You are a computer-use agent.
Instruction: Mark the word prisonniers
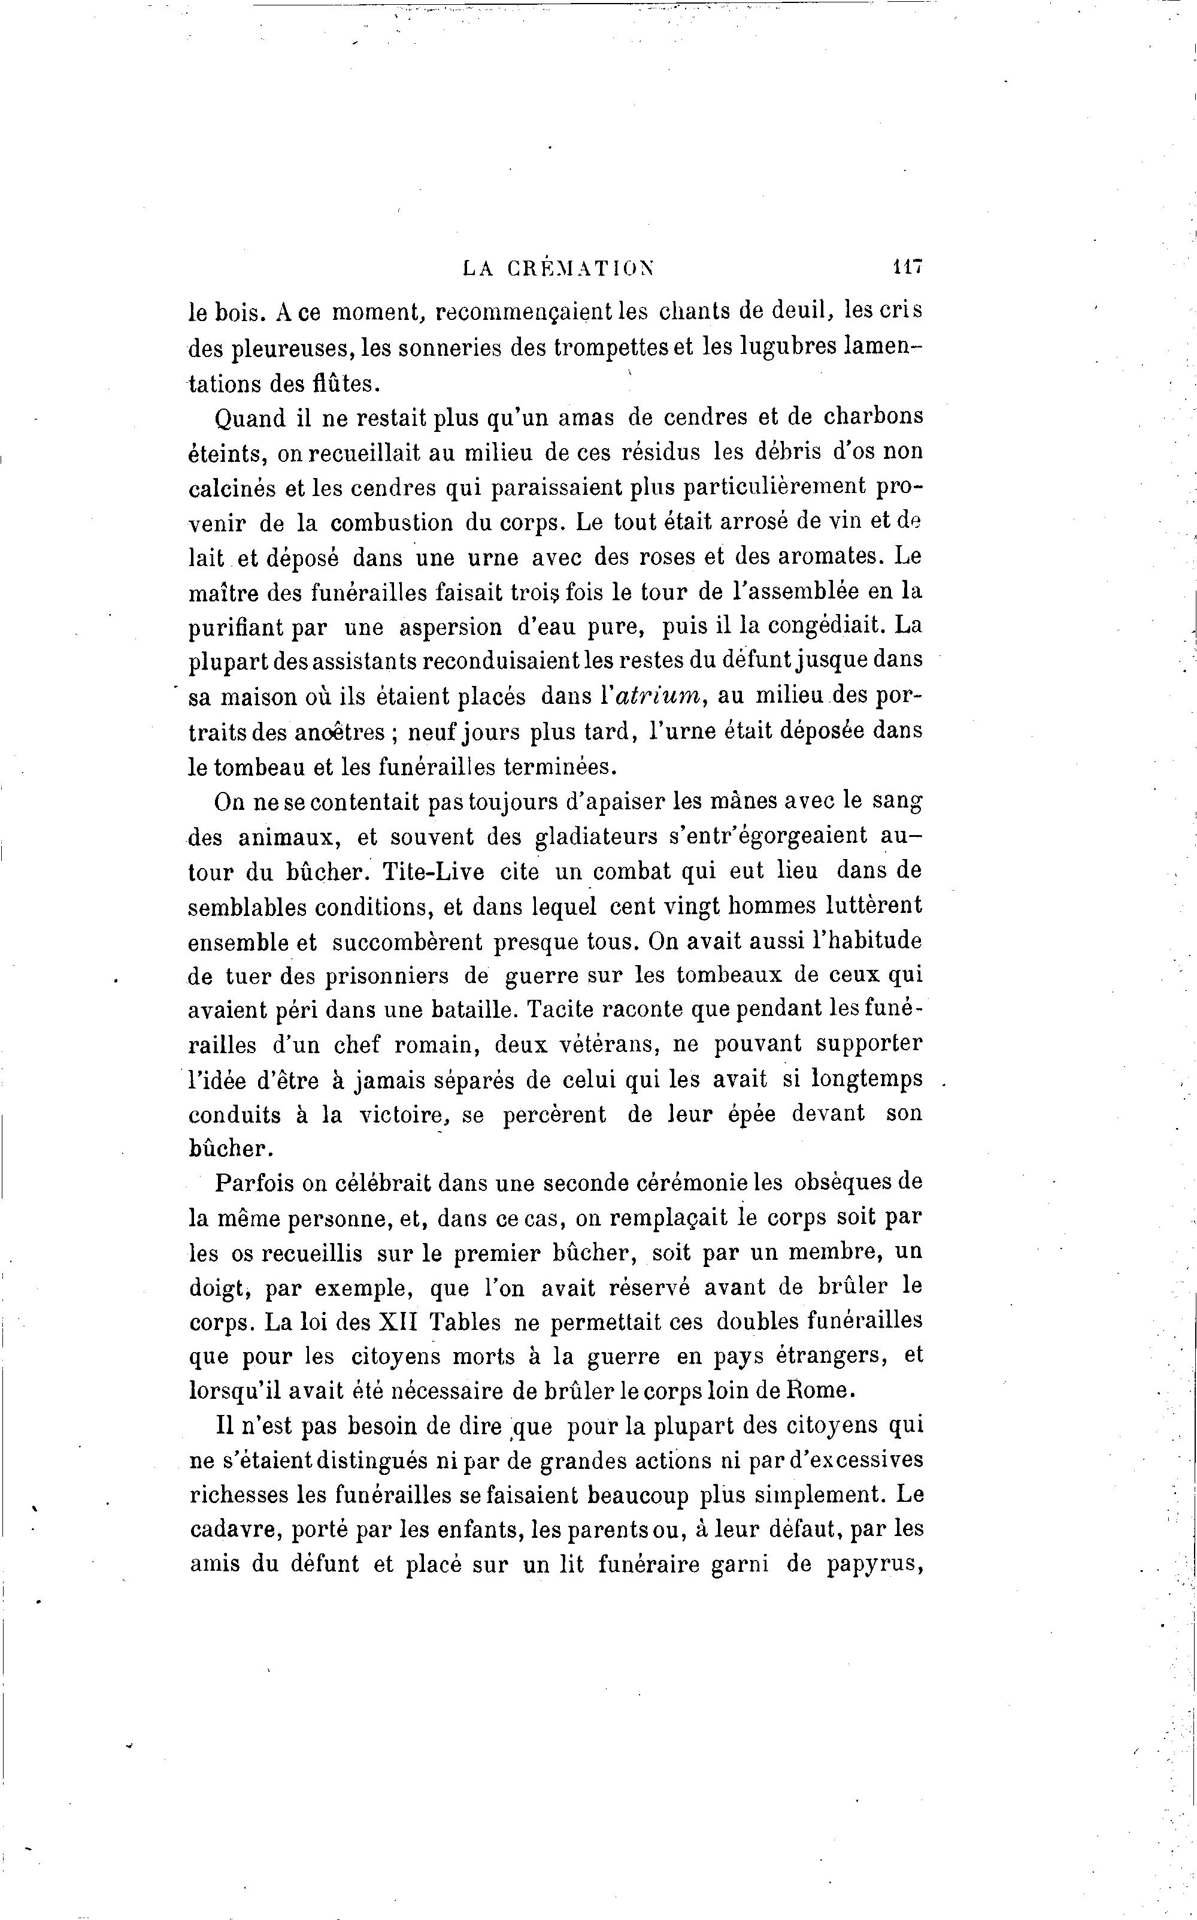(x=364, y=976)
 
